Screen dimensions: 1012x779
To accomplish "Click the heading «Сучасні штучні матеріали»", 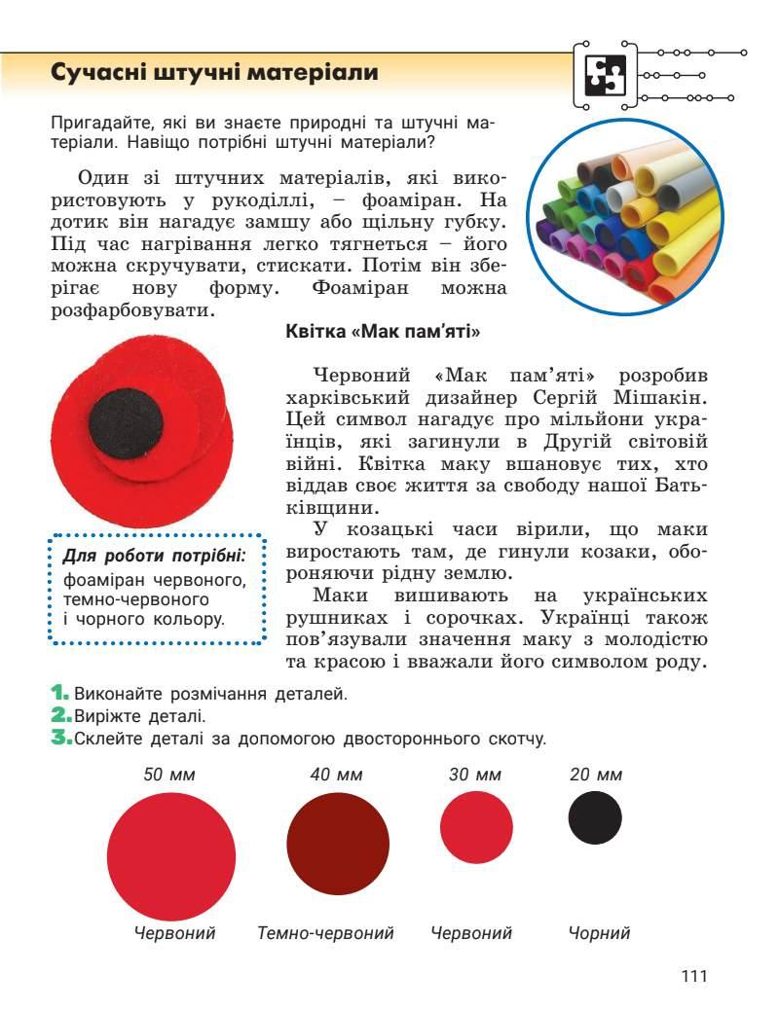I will pyautogui.click(x=214, y=74).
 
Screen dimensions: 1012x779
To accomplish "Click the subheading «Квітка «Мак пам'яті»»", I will pyautogui.click(x=384, y=331).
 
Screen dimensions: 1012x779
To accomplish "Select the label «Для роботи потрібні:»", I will pyautogui.click(x=154, y=556).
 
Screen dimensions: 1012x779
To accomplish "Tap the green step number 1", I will pyautogui.click(x=57, y=694).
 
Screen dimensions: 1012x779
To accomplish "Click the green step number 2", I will pyautogui.click(x=58, y=716).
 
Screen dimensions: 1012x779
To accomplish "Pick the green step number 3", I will pyautogui.click(x=58, y=739).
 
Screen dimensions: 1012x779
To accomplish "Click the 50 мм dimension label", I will pyautogui.click(x=170, y=776).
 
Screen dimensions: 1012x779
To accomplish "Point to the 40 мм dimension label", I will pyautogui.click(x=336, y=776).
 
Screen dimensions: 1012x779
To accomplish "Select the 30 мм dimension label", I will pyautogui.click(x=475, y=776).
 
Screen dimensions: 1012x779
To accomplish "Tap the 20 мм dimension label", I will pyautogui.click(x=595, y=776).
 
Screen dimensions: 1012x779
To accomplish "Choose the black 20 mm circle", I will pyautogui.click(x=595, y=817).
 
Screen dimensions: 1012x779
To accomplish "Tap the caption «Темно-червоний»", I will pyautogui.click(x=325, y=933).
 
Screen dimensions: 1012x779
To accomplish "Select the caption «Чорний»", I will pyautogui.click(x=599, y=933).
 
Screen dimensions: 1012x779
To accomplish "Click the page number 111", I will pyautogui.click(x=693, y=976).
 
